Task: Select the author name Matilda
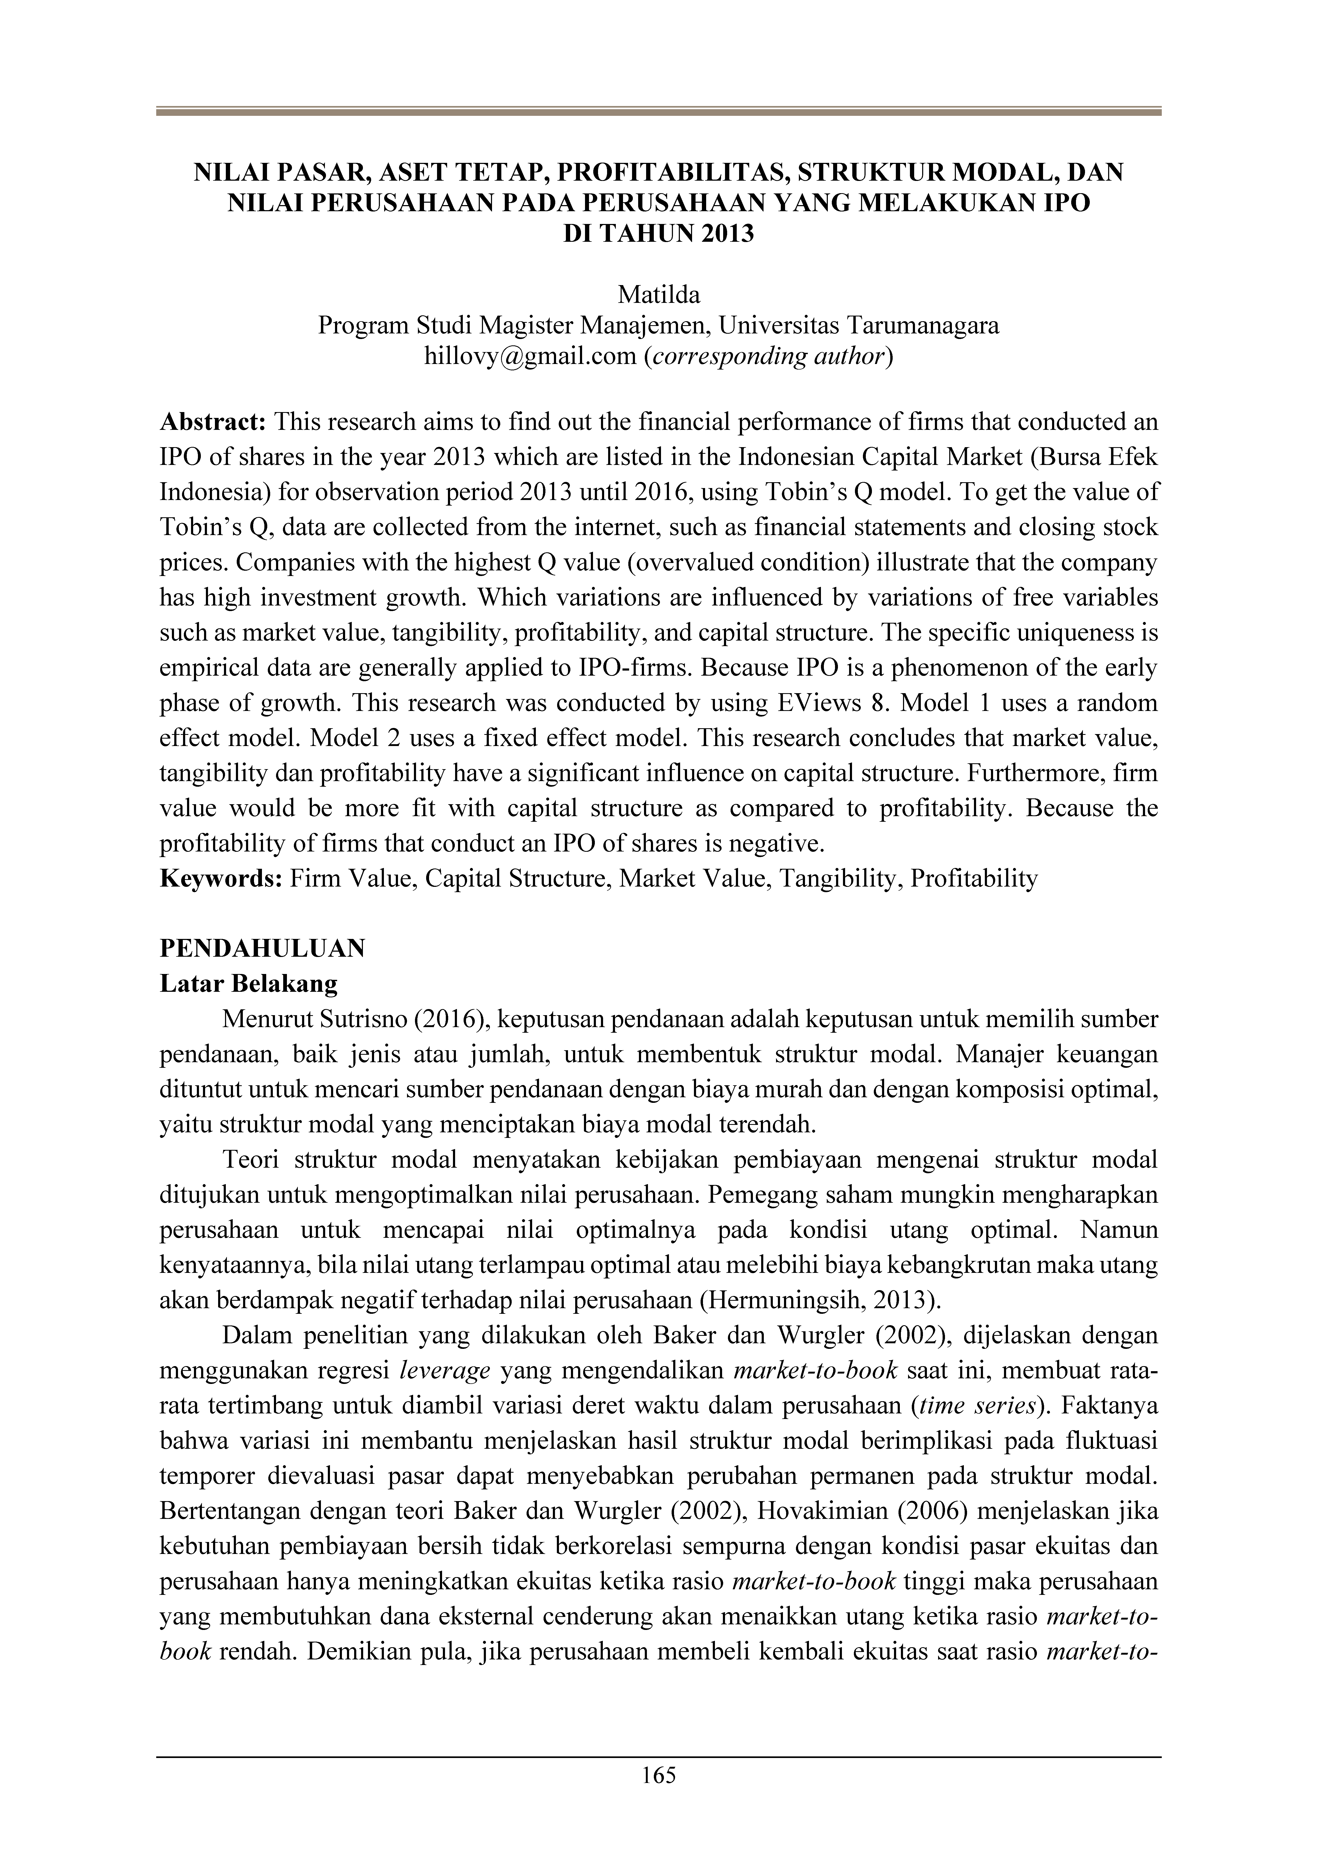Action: tap(659, 295)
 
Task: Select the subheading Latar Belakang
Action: tap(248, 984)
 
